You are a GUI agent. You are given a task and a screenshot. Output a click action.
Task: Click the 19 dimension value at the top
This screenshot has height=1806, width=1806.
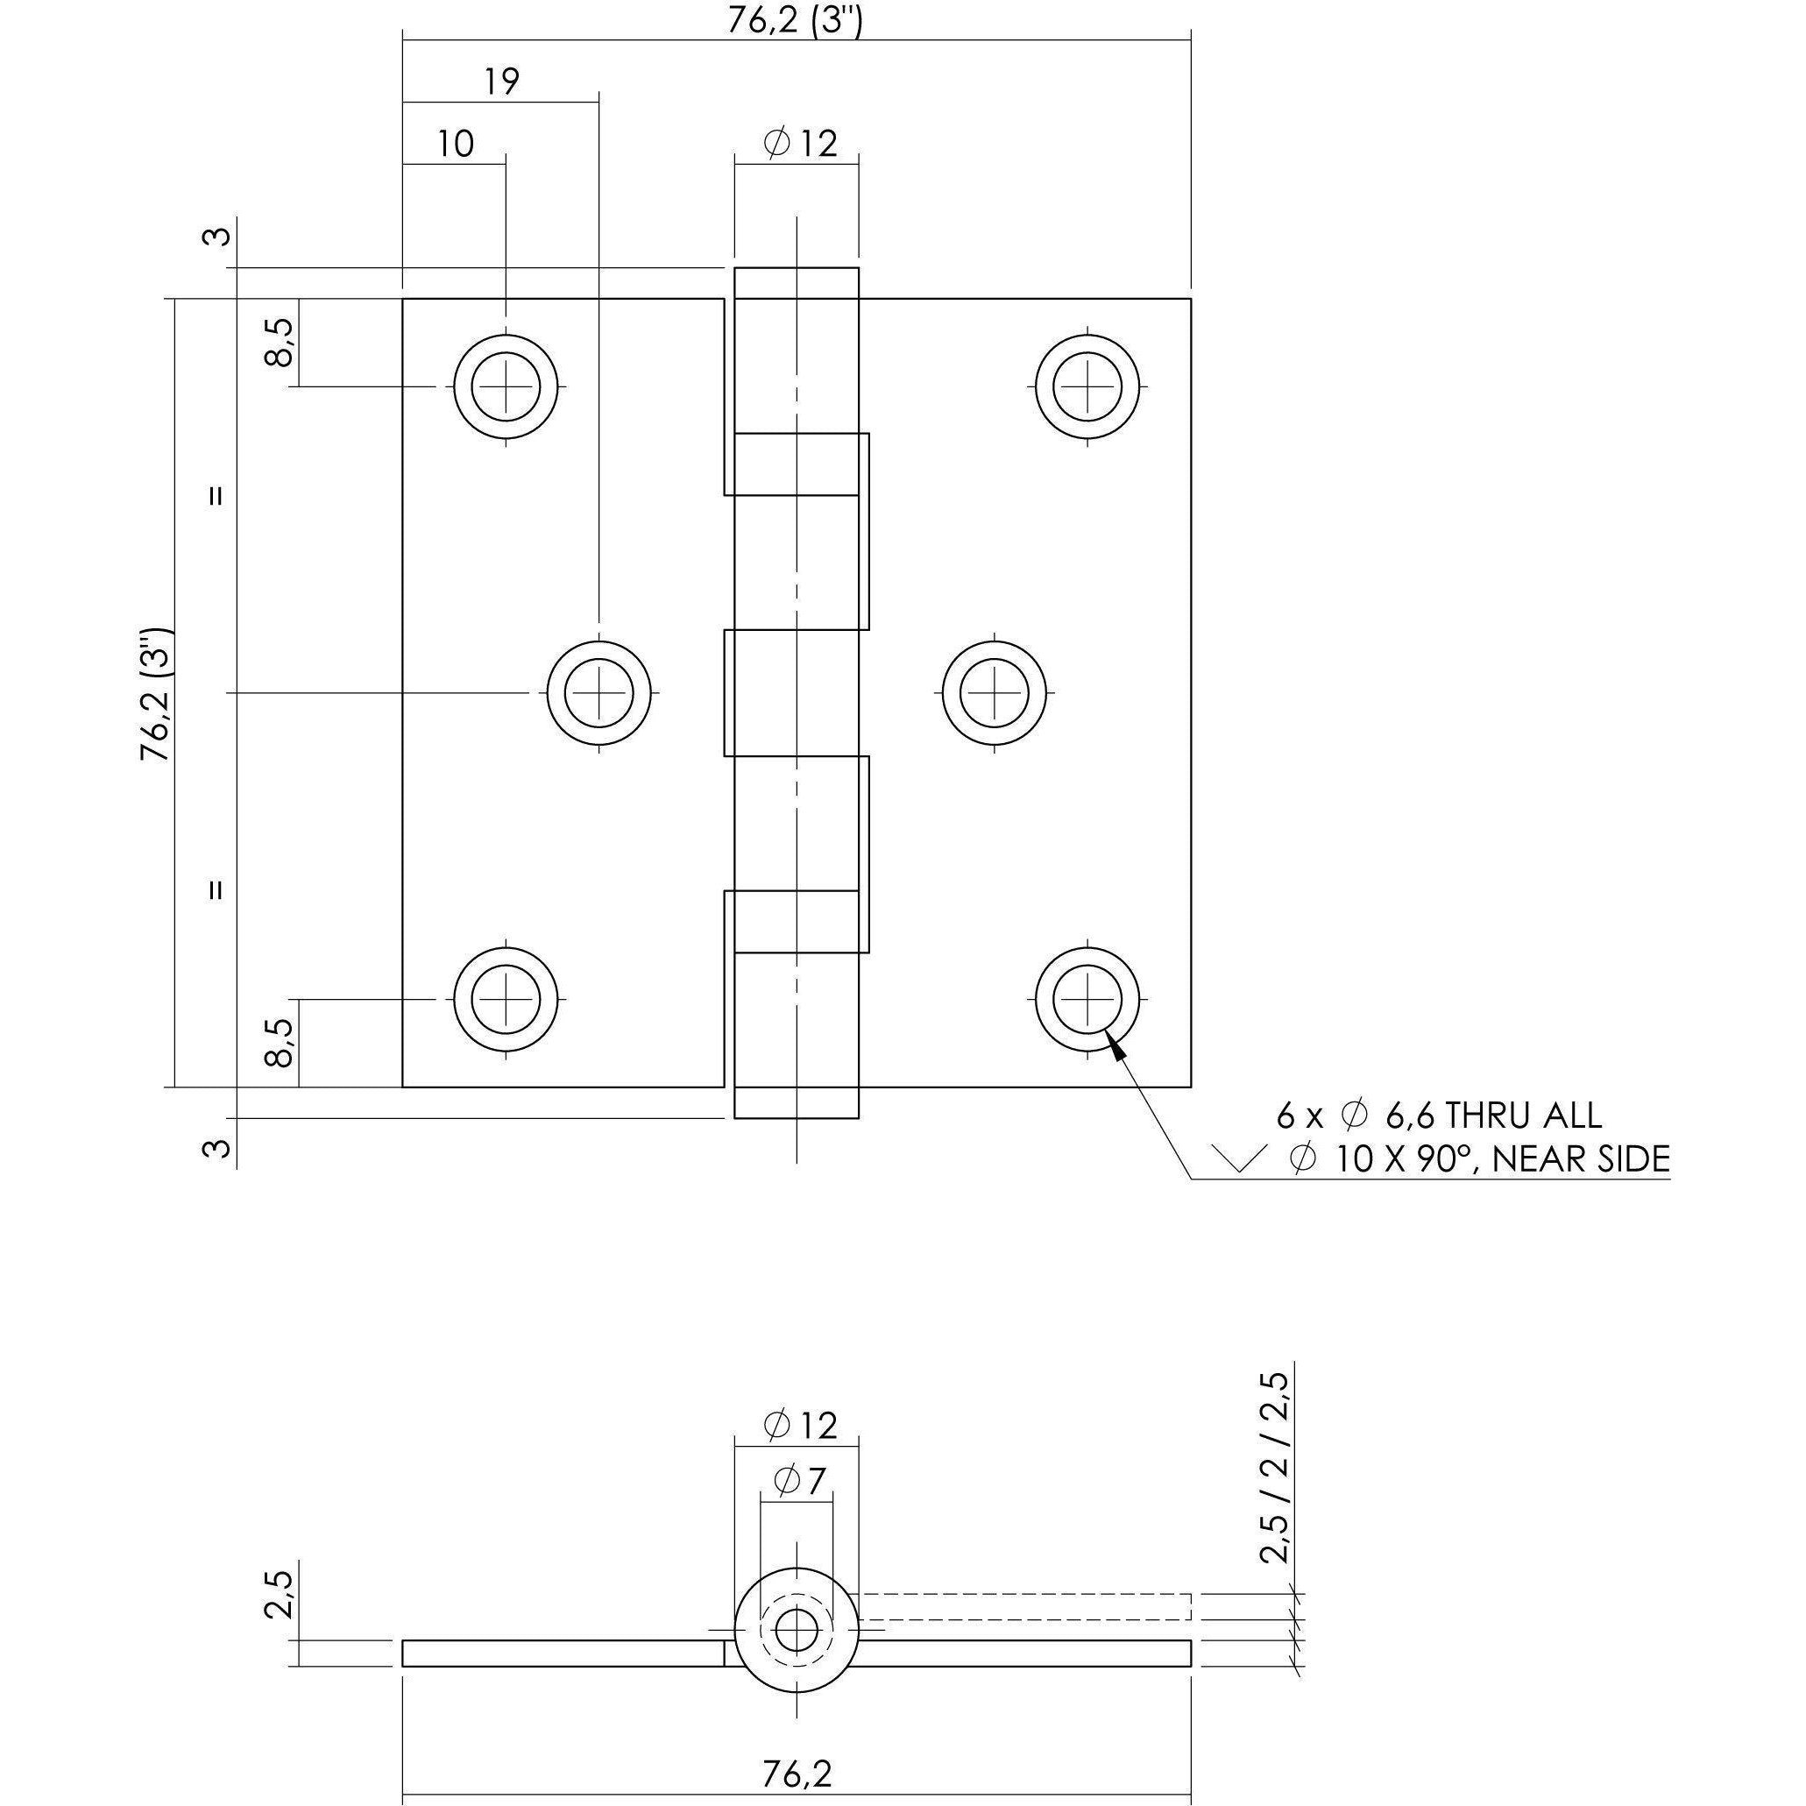(502, 82)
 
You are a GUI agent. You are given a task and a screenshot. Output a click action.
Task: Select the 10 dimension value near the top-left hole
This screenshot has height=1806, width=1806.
(456, 144)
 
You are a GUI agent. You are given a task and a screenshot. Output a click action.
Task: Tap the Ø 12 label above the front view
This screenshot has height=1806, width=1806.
(799, 144)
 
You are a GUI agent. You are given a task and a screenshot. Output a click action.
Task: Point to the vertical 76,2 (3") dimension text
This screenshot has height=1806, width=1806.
(156, 694)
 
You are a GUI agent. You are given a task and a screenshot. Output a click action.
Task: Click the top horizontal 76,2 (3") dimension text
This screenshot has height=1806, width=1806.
(795, 19)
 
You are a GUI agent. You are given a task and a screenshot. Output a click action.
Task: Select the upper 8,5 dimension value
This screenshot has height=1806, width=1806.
(280, 342)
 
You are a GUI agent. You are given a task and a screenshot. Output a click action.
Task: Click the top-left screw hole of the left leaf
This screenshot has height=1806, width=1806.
(506, 386)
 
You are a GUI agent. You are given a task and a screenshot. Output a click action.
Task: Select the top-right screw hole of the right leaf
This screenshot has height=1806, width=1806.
(1088, 386)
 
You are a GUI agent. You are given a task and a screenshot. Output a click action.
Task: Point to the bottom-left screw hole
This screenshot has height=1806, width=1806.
(506, 999)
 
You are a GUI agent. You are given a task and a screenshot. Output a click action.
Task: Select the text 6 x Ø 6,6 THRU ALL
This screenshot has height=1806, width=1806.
(1439, 1115)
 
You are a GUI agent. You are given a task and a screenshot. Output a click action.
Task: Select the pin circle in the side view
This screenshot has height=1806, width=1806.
(797, 1630)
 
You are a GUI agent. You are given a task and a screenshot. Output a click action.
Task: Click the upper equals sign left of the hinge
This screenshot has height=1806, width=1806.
(216, 495)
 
